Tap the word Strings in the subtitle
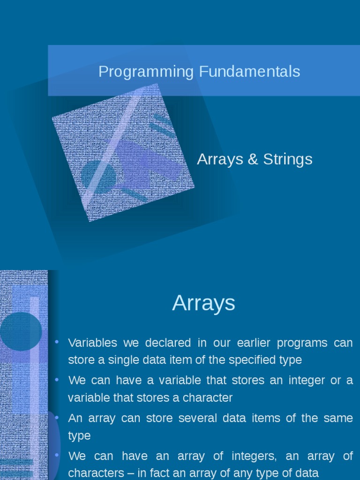tap(287, 159)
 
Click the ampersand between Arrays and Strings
tap(253, 159)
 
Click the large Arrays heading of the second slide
tap(203, 303)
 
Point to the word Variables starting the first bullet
tap(93, 343)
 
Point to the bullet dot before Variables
tap(57, 342)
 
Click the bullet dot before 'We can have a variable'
tap(57, 380)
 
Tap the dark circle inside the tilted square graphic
tap(98, 176)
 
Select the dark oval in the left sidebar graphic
tap(20, 331)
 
